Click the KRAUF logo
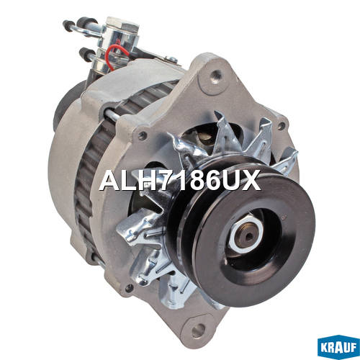tap(338, 347)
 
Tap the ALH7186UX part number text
tap(180, 180)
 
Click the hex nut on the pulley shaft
tap(246, 234)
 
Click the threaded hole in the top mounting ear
tap(215, 76)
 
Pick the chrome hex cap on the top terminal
tap(122, 24)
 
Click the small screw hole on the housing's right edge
tap(281, 126)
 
